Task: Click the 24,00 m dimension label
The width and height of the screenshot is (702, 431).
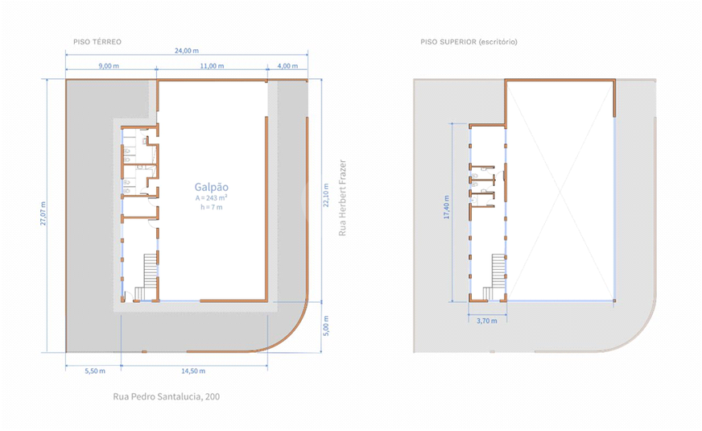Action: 187,51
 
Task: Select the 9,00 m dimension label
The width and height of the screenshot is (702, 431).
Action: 109,66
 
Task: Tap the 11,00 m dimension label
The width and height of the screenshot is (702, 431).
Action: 212,66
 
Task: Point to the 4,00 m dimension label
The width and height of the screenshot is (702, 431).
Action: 287,66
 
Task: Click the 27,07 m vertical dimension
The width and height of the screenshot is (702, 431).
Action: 43,213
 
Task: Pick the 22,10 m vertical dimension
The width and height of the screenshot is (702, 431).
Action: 326,195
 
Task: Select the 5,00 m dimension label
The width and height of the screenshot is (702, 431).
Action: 326,325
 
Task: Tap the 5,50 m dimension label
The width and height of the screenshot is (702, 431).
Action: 95,371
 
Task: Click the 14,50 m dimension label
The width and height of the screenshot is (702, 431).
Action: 193,371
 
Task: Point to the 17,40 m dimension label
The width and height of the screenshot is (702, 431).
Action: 446,206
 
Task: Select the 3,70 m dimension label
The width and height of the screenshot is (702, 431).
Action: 487,321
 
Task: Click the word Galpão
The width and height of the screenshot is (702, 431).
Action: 211,187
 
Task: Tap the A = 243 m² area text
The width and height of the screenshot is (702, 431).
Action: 211,198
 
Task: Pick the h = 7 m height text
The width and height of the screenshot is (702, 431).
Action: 211,207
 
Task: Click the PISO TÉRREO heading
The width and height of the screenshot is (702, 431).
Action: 97,42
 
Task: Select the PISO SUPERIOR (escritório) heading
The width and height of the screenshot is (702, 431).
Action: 469,42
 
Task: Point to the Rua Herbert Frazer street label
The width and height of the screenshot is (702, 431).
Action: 342,197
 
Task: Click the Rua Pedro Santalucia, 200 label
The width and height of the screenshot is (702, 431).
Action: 166,396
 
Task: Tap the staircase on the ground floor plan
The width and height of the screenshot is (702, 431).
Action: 147,276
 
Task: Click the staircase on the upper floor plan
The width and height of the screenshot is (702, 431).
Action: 495,276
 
